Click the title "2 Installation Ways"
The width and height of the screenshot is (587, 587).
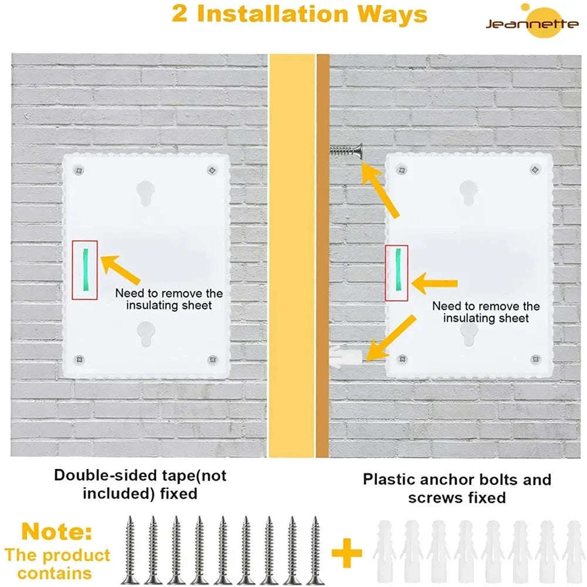click(299, 15)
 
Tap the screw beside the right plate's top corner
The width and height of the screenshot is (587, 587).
click(345, 153)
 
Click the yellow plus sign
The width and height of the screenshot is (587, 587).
click(347, 554)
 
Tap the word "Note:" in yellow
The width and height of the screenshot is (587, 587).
click(57, 533)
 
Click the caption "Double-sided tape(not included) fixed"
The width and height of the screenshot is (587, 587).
click(140, 484)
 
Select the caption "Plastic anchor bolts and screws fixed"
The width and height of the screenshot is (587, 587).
click(457, 488)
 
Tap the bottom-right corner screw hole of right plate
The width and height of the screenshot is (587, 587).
click(534, 359)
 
